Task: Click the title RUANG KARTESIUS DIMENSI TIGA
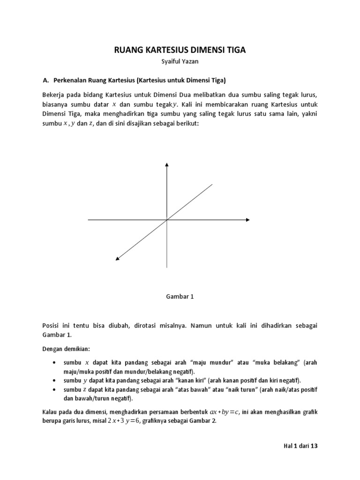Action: point(180,50)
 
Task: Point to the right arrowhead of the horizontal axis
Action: point(247,219)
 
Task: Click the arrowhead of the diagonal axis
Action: point(117,257)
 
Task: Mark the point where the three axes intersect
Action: point(166,219)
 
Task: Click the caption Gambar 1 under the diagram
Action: point(180,296)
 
